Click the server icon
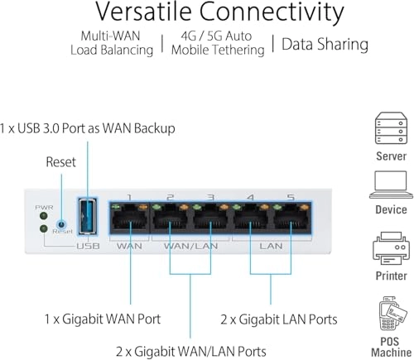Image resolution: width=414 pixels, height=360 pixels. click(391, 127)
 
